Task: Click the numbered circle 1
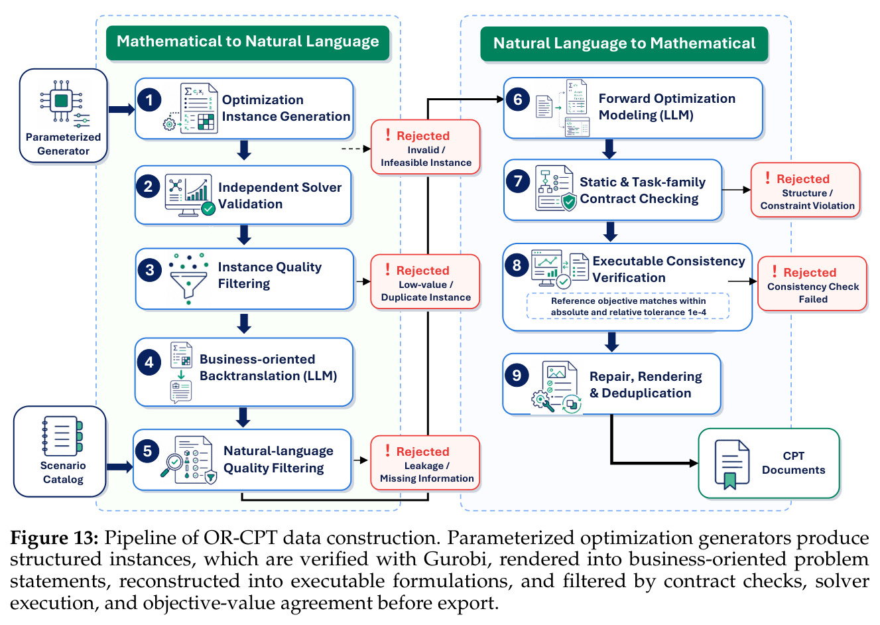[149, 100]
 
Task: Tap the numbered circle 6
[518, 99]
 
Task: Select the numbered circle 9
[517, 375]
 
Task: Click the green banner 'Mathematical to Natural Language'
[247, 42]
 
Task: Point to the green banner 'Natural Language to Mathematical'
[624, 44]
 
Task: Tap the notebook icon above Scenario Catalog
[62, 435]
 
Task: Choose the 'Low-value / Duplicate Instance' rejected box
[425, 281]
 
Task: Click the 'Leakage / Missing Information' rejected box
[425, 462]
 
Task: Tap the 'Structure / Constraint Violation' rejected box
[805, 190]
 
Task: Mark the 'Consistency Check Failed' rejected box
[812, 283]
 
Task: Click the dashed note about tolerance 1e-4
[628, 306]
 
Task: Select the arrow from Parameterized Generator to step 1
[121, 109]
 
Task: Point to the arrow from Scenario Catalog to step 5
[120, 467]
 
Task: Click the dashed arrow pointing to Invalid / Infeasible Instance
[356, 149]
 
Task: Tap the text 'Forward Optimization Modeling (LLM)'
[666, 107]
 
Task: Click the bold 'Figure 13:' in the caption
[54, 537]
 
